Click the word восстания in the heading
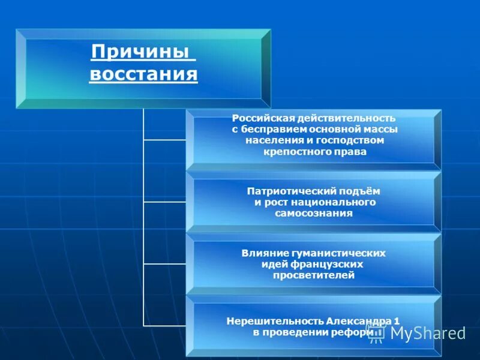tap(143, 75)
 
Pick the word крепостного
tap(290, 152)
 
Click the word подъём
tap(359, 191)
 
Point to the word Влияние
tap(265, 253)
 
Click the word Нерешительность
tap(275, 320)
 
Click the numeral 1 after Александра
tap(397, 320)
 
